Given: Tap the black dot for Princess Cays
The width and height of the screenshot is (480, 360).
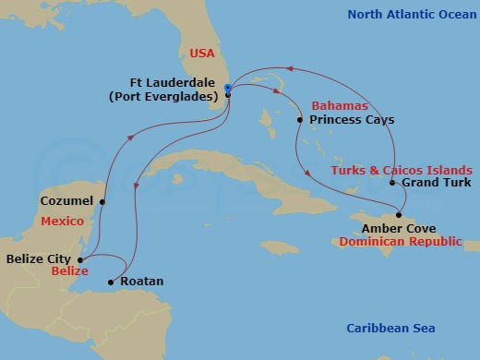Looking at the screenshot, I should pos(300,120).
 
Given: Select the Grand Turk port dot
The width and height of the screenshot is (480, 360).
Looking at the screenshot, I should pos(393,183).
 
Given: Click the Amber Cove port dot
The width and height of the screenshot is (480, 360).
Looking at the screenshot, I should pos(399,215).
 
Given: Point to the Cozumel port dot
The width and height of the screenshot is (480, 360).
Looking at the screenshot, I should pos(102,201).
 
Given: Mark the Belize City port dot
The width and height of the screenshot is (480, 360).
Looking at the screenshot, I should pos(80,260).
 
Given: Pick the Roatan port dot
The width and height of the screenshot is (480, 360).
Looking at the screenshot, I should pos(111,282).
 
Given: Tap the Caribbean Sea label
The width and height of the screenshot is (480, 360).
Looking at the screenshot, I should pos(390,329).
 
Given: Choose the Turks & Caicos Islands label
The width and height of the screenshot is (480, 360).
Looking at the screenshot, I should pos(402,170).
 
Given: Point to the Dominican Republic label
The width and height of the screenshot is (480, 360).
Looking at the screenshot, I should pos(401,241).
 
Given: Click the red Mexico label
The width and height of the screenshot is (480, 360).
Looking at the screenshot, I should pos(63,220).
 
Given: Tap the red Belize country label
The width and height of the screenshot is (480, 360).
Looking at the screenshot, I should pos(69,272).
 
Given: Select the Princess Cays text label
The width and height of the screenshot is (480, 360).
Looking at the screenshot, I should pos(352,120).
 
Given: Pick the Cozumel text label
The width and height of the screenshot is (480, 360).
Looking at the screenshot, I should pos(68,200).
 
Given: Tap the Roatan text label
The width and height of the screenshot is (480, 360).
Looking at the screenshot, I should pos(142,282).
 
